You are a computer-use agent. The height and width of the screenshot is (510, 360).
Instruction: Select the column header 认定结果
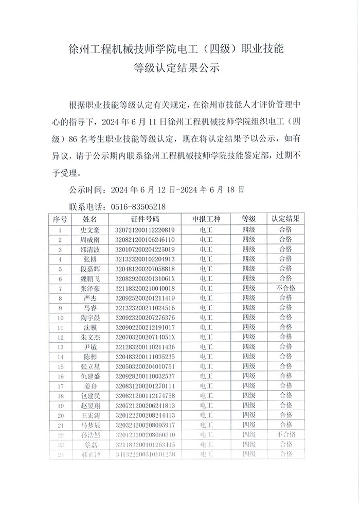point(286,219)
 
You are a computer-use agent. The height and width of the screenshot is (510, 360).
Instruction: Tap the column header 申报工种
point(206,219)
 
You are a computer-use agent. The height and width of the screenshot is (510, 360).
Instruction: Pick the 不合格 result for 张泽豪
point(286,288)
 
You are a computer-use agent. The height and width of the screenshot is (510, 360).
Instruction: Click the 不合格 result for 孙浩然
point(286,434)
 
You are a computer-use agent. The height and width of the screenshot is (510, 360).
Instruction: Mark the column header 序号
point(60,219)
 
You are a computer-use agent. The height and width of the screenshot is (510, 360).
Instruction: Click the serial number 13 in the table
point(60,347)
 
